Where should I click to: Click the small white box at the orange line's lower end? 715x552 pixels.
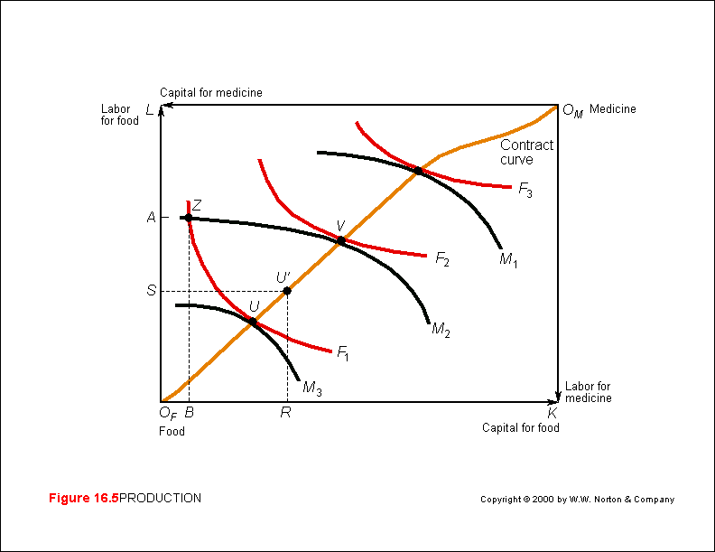(x=159, y=404)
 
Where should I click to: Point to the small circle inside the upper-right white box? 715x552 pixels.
(x=567, y=109)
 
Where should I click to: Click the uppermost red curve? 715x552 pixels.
(x=460, y=181)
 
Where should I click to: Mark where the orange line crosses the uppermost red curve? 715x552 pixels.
(x=419, y=168)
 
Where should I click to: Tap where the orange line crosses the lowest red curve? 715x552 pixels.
(x=254, y=321)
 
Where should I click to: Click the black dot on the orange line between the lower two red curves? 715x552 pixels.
(x=289, y=289)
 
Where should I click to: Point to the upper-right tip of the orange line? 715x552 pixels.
(x=557, y=106)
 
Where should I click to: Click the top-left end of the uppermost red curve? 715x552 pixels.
(x=357, y=122)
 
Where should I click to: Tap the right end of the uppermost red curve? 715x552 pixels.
(x=511, y=187)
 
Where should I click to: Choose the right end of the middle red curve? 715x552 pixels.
(x=426, y=257)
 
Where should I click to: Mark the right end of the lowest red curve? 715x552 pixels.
(x=331, y=351)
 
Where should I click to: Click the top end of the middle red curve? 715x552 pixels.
(x=259, y=160)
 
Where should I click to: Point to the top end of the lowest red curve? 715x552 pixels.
(x=188, y=201)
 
